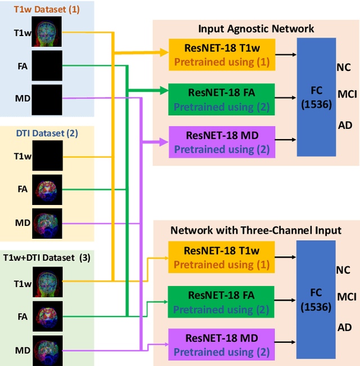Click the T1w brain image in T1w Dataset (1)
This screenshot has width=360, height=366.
47,32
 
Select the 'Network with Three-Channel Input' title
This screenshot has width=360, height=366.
256,230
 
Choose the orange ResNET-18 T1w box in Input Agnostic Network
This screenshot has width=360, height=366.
222,55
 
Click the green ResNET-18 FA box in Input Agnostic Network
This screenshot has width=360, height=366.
222,99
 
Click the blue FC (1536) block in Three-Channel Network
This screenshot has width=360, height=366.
316,298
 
